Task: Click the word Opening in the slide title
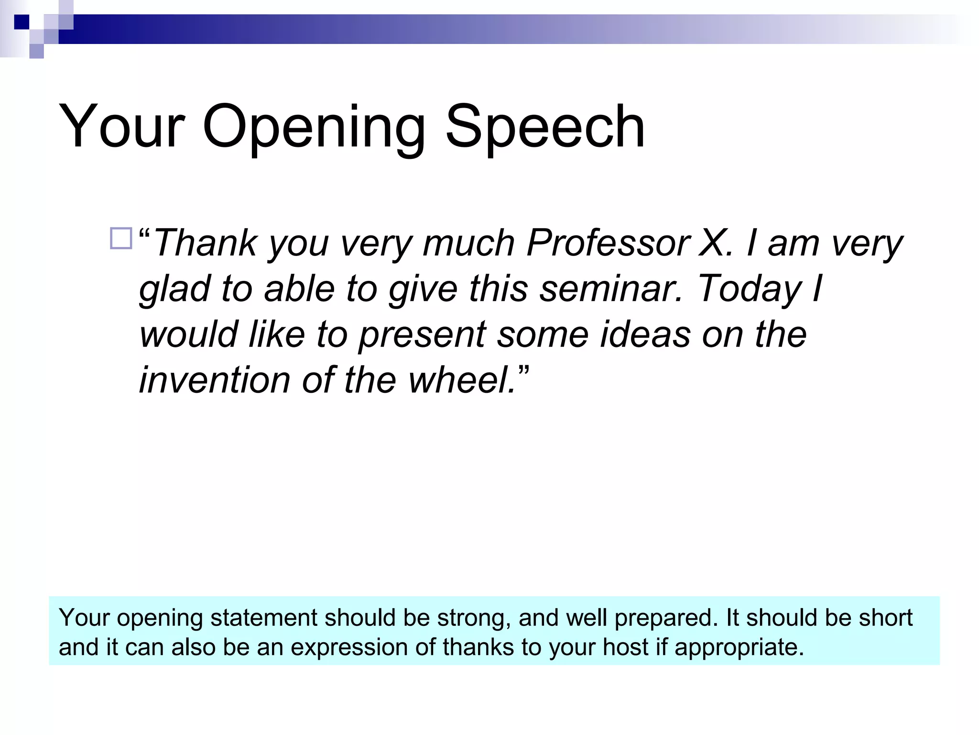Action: [x=314, y=127]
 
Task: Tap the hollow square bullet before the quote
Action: [x=121, y=238]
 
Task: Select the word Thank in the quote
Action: [x=206, y=243]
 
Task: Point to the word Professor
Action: [x=608, y=243]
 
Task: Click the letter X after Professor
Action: [x=712, y=243]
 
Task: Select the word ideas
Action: [x=645, y=334]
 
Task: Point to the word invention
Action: [x=214, y=380]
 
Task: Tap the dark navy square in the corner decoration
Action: [x=22, y=22]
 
